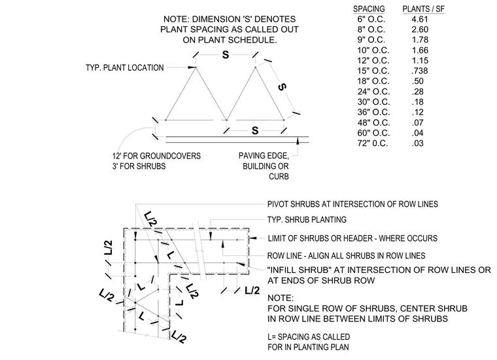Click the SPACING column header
click(369, 9)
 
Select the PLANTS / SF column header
click(424, 9)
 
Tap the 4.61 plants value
click(420, 20)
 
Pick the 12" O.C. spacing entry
click(373, 61)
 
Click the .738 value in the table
click(420, 71)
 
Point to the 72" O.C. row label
click(373, 143)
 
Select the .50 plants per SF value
click(418, 81)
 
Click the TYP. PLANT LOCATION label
click(124, 67)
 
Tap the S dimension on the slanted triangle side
click(282, 86)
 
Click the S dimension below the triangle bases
click(255, 130)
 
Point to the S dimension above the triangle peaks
click(226, 55)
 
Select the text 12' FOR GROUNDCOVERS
click(156, 156)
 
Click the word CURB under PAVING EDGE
click(279, 176)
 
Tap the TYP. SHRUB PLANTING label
click(307, 219)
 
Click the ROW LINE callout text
click(346, 256)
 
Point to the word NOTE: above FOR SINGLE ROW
click(281, 298)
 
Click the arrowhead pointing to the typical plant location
click(192, 67)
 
